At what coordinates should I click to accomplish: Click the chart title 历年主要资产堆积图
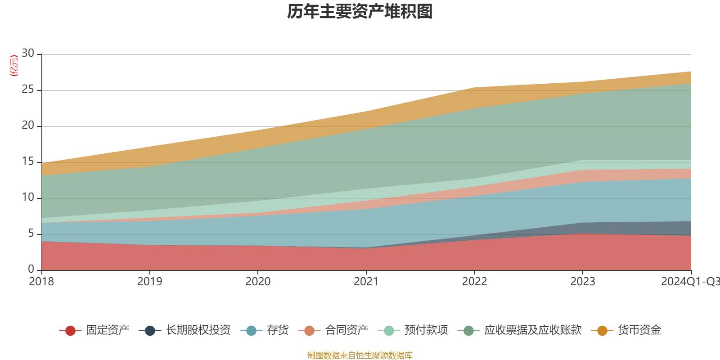[x=360, y=12]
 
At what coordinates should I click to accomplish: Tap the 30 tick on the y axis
[x=28, y=53]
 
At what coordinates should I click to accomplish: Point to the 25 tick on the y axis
[x=28, y=90]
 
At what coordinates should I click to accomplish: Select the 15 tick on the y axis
[x=28, y=162]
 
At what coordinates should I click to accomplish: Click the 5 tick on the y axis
[x=31, y=234]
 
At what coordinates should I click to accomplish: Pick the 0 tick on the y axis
[x=31, y=269]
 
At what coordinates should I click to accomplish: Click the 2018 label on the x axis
[x=41, y=282]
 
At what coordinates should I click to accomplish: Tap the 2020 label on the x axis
[x=258, y=282]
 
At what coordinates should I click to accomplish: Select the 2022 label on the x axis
[x=474, y=282]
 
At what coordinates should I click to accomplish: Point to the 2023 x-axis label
[x=583, y=282]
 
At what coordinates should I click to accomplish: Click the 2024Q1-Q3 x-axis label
[x=689, y=282]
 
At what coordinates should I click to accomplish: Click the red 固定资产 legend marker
[x=70, y=331]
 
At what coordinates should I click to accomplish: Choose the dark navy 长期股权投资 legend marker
[x=150, y=331]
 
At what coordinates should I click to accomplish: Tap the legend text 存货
[x=278, y=330]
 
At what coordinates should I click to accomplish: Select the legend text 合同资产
[x=346, y=330]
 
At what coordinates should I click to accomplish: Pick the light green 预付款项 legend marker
[x=389, y=331]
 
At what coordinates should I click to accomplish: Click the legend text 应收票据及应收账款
[x=533, y=330]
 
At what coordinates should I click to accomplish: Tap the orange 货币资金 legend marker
[x=602, y=331]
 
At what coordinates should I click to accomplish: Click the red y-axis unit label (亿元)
[x=14, y=66]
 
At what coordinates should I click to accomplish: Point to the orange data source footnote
[x=360, y=355]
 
